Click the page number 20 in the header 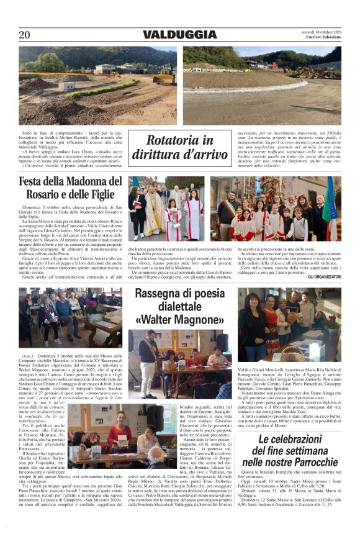24,35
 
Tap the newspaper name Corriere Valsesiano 323,38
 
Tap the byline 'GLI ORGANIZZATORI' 324,276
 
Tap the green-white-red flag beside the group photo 333,205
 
